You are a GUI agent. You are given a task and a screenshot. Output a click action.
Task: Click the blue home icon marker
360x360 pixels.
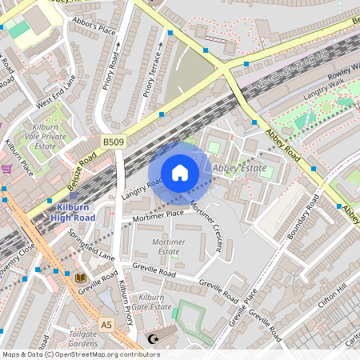click(x=180, y=173)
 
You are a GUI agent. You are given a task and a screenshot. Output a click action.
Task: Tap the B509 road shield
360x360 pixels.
click(x=112, y=142)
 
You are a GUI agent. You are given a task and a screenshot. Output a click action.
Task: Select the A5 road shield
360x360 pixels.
click(x=106, y=324)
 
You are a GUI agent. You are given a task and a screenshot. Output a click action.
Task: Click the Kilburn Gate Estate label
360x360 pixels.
click(x=152, y=302)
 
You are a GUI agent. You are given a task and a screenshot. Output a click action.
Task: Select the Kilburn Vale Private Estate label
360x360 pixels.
click(x=44, y=137)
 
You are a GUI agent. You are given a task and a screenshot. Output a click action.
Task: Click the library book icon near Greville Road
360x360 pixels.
click(x=80, y=278)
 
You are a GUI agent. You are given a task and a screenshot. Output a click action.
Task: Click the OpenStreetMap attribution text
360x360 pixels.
click(x=81, y=354)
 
